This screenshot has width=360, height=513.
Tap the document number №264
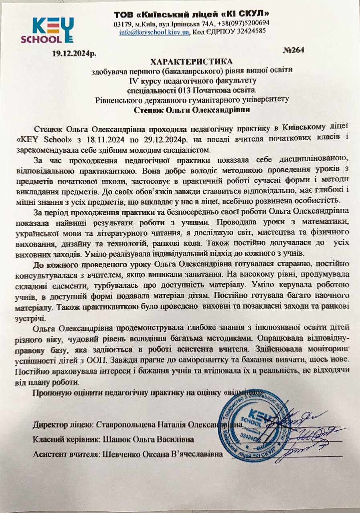[x=294, y=50]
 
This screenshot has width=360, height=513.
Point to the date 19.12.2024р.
[x=73, y=53]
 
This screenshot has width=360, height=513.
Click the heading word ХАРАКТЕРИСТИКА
[x=191, y=61]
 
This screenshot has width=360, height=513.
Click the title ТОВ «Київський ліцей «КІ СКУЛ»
[x=191, y=14]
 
